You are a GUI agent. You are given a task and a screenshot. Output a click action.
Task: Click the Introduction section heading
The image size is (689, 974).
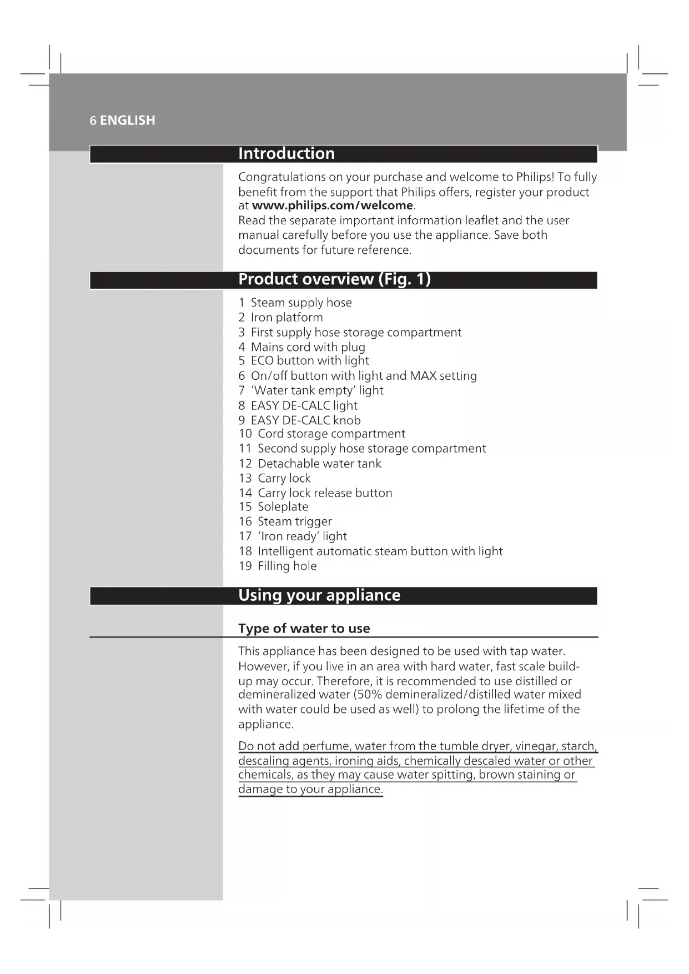click(286, 153)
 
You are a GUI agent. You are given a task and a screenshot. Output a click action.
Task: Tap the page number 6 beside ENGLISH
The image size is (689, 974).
click(93, 121)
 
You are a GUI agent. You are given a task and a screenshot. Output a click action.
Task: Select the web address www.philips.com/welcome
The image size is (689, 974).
click(332, 205)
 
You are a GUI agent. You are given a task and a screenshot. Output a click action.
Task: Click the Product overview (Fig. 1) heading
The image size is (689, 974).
click(334, 279)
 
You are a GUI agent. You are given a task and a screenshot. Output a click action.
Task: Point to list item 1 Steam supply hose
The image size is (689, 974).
click(295, 303)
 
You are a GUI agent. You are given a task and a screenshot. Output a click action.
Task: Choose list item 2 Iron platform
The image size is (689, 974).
click(280, 318)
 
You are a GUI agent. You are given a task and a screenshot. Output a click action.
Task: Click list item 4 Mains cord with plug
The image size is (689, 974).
click(302, 347)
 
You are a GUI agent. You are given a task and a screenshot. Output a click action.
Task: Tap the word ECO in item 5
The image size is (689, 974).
click(262, 361)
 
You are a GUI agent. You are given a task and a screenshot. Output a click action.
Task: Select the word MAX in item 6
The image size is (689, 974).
click(423, 376)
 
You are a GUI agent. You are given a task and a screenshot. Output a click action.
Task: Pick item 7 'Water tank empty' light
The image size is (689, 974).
click(311, 390)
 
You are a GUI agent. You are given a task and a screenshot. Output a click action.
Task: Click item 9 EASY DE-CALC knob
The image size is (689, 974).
click(300, 420)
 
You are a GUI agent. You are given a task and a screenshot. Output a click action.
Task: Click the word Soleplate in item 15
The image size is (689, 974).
click(283, 506)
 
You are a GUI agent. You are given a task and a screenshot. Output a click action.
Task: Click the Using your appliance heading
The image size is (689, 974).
click(319, 595)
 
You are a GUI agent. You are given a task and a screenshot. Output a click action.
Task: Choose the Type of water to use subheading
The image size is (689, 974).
click(304, 629)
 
